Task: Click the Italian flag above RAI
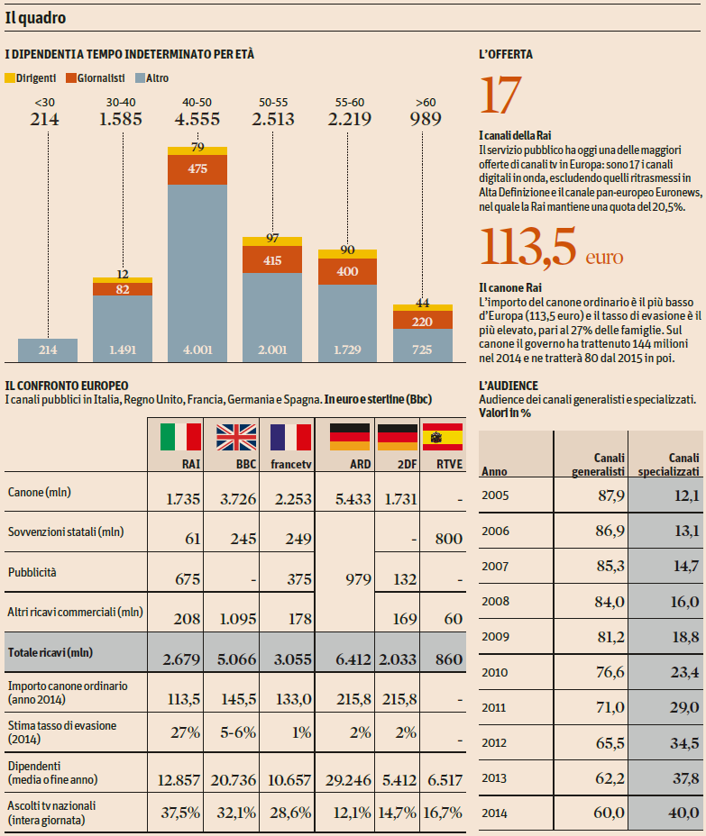tap(180, 437)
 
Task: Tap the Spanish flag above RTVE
tap(443, 437)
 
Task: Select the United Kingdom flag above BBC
tap(236, 437)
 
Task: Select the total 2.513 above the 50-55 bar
tap(273, 119)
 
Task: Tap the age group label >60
tap(426, 102)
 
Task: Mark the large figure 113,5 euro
tap(551, 247)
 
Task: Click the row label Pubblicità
tap(32, 572)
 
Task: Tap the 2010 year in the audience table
tap(495, 672)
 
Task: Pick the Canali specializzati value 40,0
tap(682, 813)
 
